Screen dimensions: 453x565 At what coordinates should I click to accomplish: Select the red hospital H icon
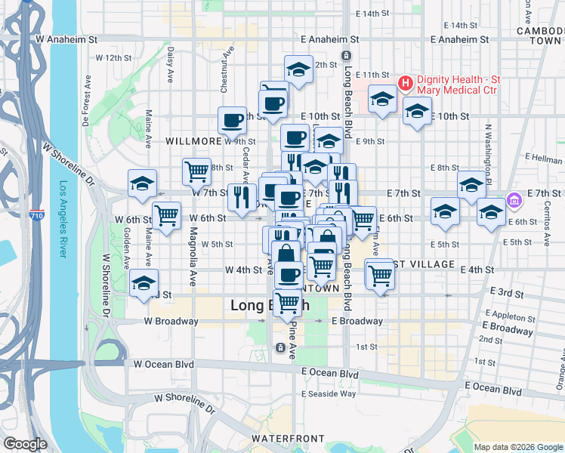pos(404,82)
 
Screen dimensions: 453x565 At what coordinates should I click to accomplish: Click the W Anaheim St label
pos(66,39)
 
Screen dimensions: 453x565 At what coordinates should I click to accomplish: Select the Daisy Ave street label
pos(171,65)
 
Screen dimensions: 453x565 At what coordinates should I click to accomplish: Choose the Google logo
pos(25,444)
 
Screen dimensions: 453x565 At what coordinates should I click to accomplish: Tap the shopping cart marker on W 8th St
pos(196,171)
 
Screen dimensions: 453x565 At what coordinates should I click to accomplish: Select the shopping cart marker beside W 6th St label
pos(166,215)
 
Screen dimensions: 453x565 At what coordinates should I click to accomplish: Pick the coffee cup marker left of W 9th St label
pos(233,119)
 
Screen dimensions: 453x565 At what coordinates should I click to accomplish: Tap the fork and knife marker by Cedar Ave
pos(241,197)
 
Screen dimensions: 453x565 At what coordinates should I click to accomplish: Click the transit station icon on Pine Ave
pos(279,347)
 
